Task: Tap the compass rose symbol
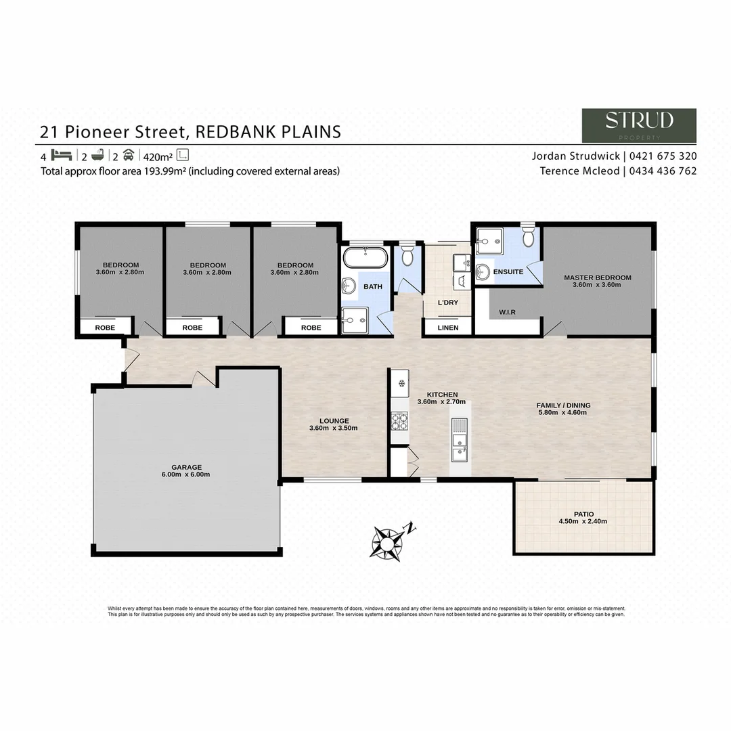click(387, 541)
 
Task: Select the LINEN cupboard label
click(447, 328)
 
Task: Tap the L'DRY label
click(447, 303)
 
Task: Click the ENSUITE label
click(508, 271)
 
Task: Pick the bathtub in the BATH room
click(365, 258)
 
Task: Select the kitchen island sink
click(460, 446)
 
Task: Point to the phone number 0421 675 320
click(663, 156)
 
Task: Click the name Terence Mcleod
click(579, 171)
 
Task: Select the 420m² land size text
click(156, 155)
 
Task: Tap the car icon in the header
click(128, 154)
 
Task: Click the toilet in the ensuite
click(529, 238)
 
